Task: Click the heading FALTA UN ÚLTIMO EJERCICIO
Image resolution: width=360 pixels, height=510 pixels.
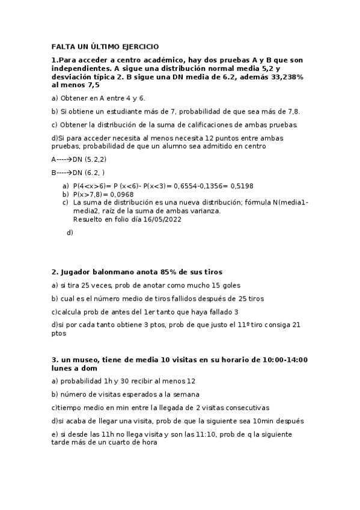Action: click(x=105, y=46)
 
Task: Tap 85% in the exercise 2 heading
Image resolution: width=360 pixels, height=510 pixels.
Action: click(x=165, y=272)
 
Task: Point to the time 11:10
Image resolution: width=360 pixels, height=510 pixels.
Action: click(x=195, y=434)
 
